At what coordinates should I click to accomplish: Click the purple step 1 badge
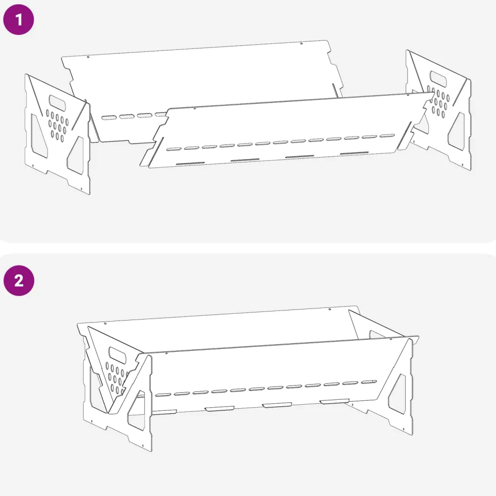tap(18, 19)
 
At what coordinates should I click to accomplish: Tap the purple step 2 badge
tap(19, 281)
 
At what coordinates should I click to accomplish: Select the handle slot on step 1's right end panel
tap(438, 79)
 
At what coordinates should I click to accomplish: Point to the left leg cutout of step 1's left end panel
tap(39, 136)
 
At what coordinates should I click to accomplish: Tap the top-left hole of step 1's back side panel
tap(88, 57)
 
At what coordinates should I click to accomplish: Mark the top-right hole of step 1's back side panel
tap(301, 43)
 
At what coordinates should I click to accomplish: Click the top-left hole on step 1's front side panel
tap(195, 108)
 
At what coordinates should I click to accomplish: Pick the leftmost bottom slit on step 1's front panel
tap(190, 163)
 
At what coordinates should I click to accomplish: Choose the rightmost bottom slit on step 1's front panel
tap(354, 153)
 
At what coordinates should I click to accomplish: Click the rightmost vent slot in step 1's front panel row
tap(387, 136)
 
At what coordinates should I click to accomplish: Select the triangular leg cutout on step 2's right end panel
tap(397, 394)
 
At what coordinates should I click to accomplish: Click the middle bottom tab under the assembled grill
tap(277, 405)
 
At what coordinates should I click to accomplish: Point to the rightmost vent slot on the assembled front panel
tap(369, 382)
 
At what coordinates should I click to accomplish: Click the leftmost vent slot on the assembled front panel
tap(163, 395)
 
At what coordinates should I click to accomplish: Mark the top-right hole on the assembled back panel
tap(330, 309)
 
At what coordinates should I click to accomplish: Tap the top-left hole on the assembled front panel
tap(167, 353)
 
